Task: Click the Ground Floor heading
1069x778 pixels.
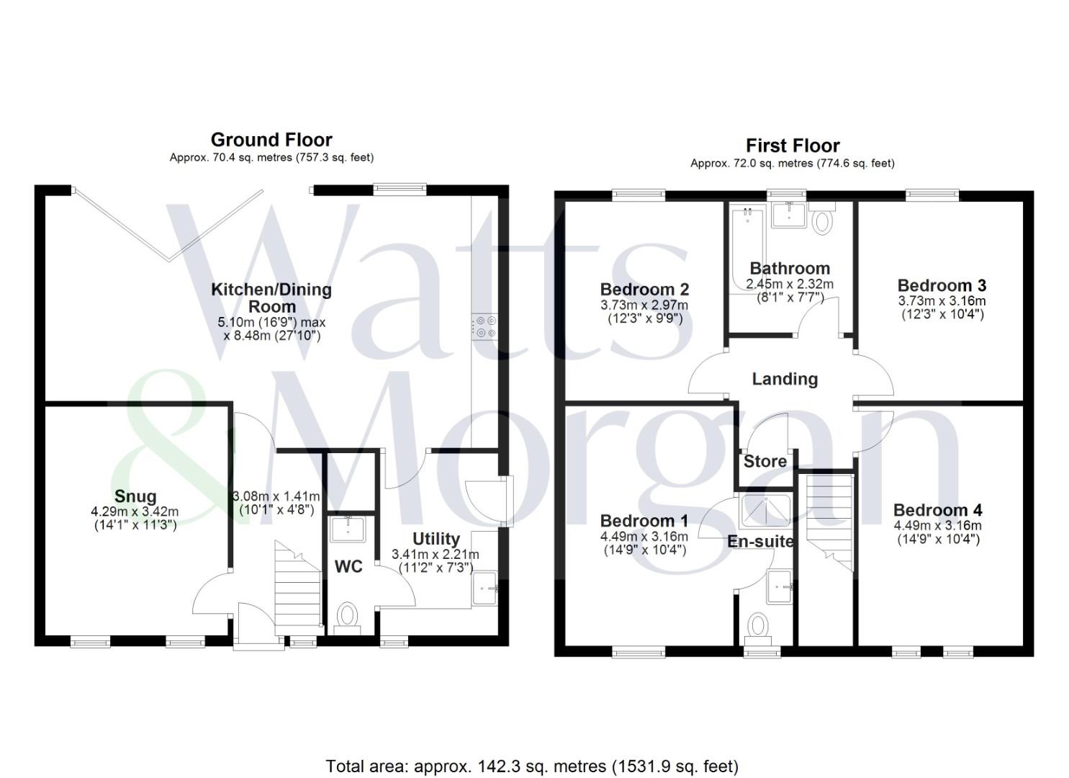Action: pyautogui.click(x=271, y=140)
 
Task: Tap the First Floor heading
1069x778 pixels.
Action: pyautogui.click(x=793, y=146)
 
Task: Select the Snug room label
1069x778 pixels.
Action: pyautogui.click(x=135, y=496)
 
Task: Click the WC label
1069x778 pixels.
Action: pyautogui.click(x=348, y=567)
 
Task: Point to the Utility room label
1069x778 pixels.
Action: pyautogui.click(x=436, y=539)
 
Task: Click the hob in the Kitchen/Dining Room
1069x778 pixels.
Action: pyautogui.click(x=484, y=326)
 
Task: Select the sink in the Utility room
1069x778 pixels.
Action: pyautogui.click(x=485, y=587)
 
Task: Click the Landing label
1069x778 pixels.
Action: pyautogui.click(x=785, y=379)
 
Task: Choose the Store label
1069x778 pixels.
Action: pyautogui.click(x=764, y=462)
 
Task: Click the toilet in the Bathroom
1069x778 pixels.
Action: pyautogui.click(x=821, y=219)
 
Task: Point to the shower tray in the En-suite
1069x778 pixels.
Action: pyautogui.click(x=765, y=512)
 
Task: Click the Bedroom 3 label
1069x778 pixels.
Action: pyautogui.click(x=942, y=285)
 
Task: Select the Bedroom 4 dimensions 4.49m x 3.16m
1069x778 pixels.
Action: pyautogui.click(x=937, y=526)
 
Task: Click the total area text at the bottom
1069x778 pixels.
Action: pyautogui.click(x=532, y=766)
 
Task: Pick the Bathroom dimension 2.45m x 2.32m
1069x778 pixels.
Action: pyautogui.click(x=790, y=284)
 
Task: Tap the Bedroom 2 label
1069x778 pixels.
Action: pyautogui.click(x=644, y=290)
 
